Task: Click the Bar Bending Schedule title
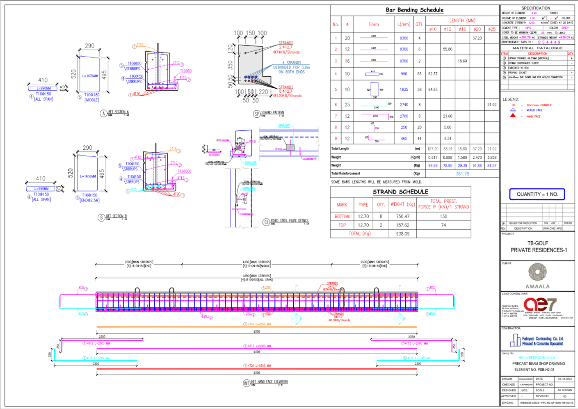(414, 10)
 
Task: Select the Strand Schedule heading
(400, 192)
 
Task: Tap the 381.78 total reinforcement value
(462, 174)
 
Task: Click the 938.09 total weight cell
(402, 234)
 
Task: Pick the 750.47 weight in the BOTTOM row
(402, 216)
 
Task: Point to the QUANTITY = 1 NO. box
(537, 194)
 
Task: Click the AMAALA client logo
(537, 275)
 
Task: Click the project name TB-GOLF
(537, 243)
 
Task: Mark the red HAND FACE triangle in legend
(513, 116)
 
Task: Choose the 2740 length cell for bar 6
(404, 105)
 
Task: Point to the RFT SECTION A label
(118, 112)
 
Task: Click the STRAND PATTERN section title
(272, 112)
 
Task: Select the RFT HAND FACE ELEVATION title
(269, 382)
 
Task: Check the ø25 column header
(491, 29)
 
